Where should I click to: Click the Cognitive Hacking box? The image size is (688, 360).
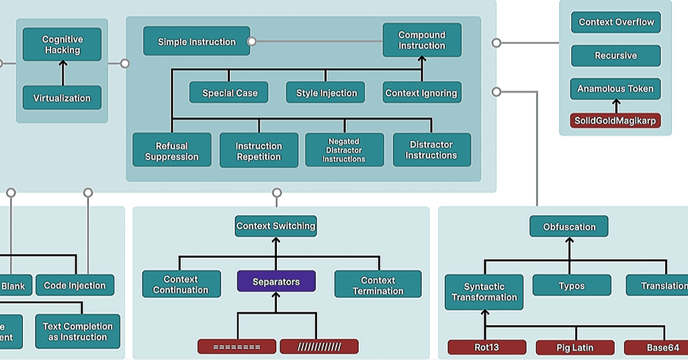click(x=62, y=45)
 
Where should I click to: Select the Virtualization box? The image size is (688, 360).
click(x=62, y=98)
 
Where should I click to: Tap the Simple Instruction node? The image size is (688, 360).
click(x=197, y=42)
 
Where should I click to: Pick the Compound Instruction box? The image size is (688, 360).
click(x=422, y=40)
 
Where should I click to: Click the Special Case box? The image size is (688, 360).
click(x=230, y=93)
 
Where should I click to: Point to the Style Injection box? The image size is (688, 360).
click(x=327, y=93)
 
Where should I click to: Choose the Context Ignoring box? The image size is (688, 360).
click(x=421, y=93)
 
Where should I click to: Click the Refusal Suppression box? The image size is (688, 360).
click(x=172, y=150)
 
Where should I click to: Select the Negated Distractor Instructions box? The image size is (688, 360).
click(x=344, y=150)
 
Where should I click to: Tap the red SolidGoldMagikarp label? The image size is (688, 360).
click(x=615, y=121)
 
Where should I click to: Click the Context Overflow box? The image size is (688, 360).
click(x=616, y=22)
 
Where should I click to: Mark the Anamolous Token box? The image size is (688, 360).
click(x=616, y=89)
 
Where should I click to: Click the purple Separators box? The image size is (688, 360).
click(x=276, y=282)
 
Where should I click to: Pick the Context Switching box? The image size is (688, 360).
click(x=276, y=226)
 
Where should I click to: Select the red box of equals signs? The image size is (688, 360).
click(x=236, y=347)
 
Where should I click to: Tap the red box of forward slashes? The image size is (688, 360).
click(x=319, y=347)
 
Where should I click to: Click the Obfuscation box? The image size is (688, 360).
click(x=569, y=227)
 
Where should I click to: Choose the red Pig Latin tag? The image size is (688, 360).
click(x=575, y=348)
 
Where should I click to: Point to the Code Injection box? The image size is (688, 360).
click(x=75, y=285)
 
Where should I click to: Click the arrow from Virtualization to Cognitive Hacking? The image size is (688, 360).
click(x=62, y=73)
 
